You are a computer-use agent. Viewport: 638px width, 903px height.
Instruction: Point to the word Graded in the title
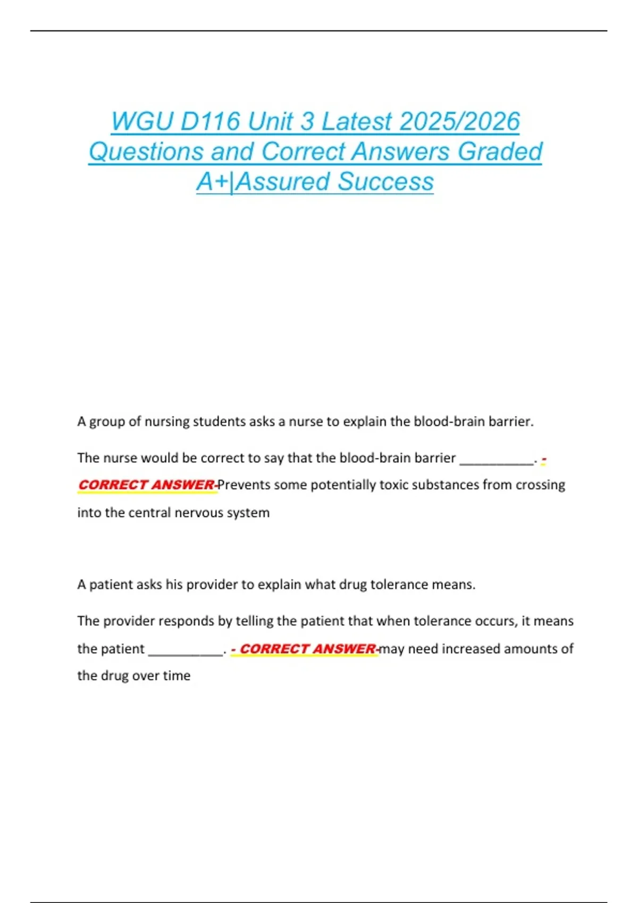point(500,151)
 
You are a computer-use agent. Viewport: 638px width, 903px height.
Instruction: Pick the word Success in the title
point(385,182)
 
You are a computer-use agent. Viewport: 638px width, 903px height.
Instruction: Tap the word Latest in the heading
point(357,122)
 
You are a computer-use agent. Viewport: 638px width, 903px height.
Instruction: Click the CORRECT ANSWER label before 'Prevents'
point(146,485)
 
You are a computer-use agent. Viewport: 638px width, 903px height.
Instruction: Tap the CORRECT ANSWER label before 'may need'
point(308,649)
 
